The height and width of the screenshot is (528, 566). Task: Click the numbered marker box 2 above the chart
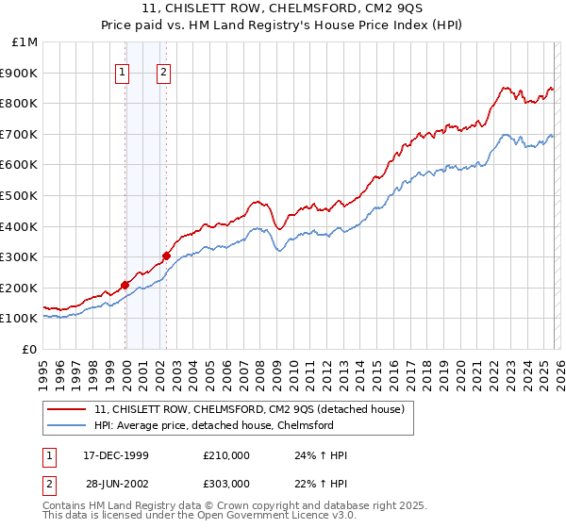tap(164, 73)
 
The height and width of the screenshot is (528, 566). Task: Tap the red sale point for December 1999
tap(125, 284)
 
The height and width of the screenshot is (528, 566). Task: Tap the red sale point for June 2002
tap(166, 256)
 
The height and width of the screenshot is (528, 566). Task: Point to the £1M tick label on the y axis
tap(25, 41)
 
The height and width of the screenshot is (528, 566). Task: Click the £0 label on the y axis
tap(30, 349)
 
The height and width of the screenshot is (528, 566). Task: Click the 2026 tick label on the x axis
tap(557, 370)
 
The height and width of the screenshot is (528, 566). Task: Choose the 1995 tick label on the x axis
tap(43, 370)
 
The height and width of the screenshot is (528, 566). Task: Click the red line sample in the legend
tap(67, 409)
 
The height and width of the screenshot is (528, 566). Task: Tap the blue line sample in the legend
tap(67, 425)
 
